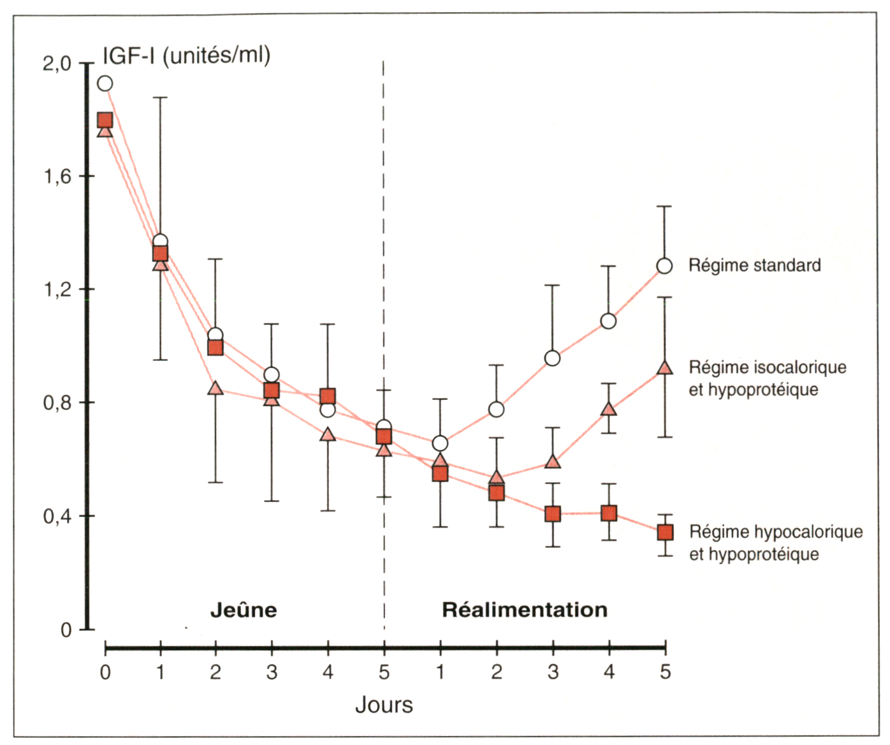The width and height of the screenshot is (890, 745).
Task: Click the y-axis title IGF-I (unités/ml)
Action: [186, 55]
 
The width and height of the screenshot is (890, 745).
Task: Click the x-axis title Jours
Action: [384, 705]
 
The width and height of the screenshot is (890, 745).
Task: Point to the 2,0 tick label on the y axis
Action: [57, 64]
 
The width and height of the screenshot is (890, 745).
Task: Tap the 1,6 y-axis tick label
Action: [57, 177]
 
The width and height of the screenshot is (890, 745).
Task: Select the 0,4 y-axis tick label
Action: [57, 516]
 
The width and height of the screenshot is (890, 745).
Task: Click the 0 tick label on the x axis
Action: [105, 672]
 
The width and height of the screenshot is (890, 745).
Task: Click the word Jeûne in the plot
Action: [244, 610]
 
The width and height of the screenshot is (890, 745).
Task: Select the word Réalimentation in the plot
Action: [525, 610]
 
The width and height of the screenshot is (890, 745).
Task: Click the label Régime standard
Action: [754, 265]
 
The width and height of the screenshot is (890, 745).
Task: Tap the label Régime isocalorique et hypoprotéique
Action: [768, 378]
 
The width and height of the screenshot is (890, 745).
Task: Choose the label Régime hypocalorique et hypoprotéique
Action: [775, 543]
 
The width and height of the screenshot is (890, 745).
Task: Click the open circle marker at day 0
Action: [105, 84]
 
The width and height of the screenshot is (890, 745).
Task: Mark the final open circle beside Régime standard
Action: [664, 266]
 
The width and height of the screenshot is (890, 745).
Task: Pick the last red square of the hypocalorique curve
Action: [665, 532]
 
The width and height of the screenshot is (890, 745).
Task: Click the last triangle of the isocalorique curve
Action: [665, 368]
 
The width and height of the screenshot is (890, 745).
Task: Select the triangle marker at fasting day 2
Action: [215, 388]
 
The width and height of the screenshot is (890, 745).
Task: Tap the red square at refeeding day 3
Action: [553, 513]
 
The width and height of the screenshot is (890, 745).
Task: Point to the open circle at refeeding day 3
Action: [553, 358]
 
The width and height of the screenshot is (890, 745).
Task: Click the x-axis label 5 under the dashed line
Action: [384, 672]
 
